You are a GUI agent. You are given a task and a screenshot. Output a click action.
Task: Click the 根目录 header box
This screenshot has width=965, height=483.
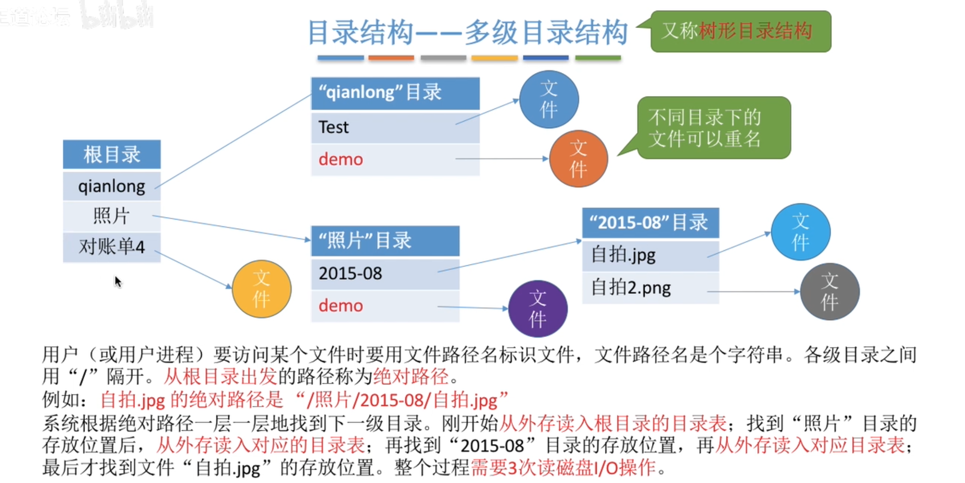(x=112, y=154)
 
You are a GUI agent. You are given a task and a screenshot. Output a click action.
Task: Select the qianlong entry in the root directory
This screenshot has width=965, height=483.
(x=112, y=186)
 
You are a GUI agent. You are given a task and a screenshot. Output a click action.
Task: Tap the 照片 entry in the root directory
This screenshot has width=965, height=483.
(x=112, y=216)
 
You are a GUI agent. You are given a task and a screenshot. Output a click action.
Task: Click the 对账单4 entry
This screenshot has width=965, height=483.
(x=112, y=247)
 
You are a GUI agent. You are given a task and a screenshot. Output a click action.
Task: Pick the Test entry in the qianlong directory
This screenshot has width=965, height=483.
(x=395, y=127)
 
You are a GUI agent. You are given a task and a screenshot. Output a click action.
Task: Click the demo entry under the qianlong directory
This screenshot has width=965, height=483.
(x=395, y=159)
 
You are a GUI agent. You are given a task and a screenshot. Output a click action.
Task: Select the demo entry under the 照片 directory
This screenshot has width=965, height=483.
(x=385, y=306)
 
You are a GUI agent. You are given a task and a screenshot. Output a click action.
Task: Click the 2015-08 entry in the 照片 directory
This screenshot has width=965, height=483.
(x=385, y=274)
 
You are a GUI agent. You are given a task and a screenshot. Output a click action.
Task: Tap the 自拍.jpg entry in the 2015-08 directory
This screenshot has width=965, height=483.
(x=650, y=255)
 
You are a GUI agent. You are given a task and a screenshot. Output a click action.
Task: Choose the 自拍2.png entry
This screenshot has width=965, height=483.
(x=650, y=288)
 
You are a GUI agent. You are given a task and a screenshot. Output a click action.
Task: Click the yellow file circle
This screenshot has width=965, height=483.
(x=261, y=289)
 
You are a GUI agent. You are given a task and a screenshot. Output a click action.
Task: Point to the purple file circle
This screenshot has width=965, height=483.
(x=538, y=309)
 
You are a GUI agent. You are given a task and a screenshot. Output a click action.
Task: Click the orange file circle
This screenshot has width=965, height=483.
(x=579, y=159)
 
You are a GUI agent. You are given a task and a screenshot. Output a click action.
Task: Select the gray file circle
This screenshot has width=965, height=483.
(x=829, y=292)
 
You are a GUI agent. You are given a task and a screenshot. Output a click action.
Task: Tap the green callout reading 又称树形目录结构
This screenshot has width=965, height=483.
(x=740, y=31)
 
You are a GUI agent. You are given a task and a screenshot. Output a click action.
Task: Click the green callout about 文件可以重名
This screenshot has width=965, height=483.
(x=713, y=128)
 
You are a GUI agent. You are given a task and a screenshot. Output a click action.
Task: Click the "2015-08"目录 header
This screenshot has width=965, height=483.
(x=650, y=223)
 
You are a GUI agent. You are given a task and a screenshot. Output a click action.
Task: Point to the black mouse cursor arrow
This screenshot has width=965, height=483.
(x=118, y=281)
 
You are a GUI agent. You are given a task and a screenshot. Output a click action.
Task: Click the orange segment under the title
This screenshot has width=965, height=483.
(x=391, y=58)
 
